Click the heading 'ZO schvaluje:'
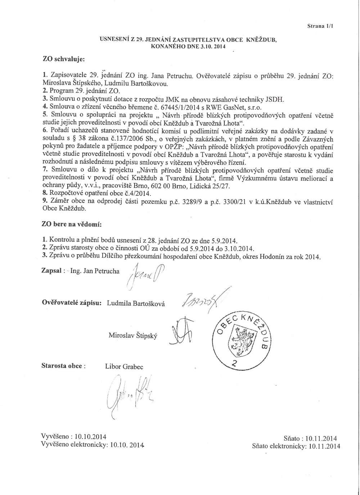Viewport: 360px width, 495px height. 64,58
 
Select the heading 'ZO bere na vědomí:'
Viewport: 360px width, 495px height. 72,224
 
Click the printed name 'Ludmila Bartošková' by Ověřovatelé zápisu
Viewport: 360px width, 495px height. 136,303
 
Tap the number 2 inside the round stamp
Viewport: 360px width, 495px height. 235,363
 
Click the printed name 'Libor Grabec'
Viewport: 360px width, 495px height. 124,367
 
